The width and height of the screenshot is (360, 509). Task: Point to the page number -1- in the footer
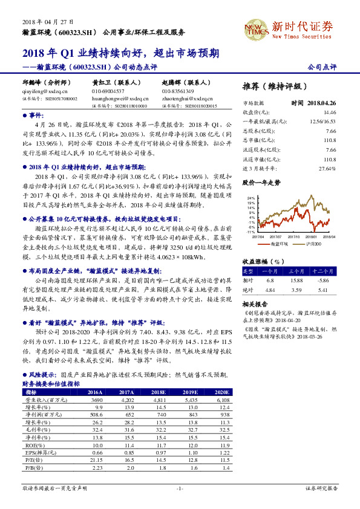[180, 488]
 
